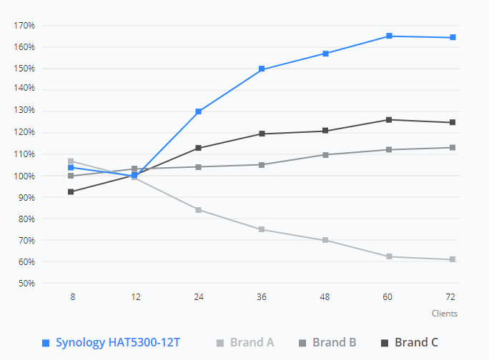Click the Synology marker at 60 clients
(x=389, y=36)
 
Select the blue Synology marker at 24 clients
(x=199, y=111)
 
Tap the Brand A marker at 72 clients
(x=453, y=259)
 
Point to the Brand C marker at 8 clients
(x=71, y=191)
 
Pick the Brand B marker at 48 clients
(x=325, y=154)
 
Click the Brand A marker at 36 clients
(x=262, y=229)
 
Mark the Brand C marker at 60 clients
(x=389, y=119)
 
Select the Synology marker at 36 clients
(x=262, y=69)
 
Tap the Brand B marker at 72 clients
(x=453, y=147)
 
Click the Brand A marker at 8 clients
(x=71, y=161)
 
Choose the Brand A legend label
(x=252, y=342)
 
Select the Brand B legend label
(x=334, y=342)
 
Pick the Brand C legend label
(x=416, y=342)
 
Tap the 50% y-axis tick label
(x=26, y=284)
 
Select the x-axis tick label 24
(x=199, y=296)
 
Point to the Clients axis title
(x=444, y=313)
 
